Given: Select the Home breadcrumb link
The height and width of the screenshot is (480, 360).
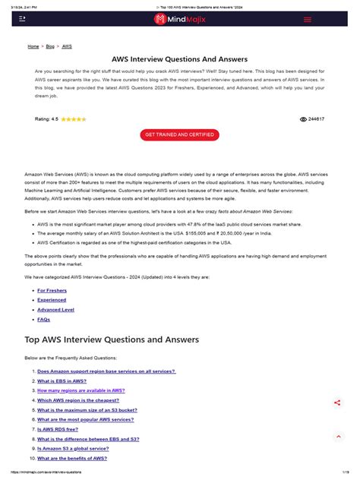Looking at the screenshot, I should [x=33, y=46].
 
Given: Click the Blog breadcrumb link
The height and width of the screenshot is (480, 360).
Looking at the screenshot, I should [x=50, y=46].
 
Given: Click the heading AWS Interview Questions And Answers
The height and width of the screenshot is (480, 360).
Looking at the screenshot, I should [x=180, y=58].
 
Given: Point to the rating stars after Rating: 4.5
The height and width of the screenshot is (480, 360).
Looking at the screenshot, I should [x=74, y=119].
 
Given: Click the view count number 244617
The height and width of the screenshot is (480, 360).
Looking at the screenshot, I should [x=317, y=119].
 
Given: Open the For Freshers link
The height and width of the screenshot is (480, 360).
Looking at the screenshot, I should [x=51, y=290].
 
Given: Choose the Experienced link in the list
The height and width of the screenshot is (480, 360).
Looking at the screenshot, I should [x=52, y=300].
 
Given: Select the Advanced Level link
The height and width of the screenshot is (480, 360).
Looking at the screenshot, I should [x=55, y=310].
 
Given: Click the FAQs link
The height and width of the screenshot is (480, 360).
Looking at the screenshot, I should [x=44, y=320].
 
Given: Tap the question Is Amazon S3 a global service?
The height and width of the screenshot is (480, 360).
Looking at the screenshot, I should [x=77, y=449].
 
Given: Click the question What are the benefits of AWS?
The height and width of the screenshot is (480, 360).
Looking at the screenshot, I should [x=72, y=459].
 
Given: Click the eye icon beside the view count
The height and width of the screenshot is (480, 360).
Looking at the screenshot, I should [x=304, y=119].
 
